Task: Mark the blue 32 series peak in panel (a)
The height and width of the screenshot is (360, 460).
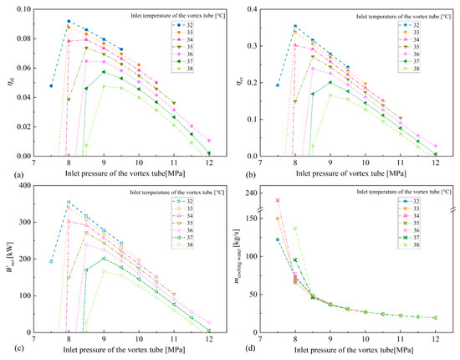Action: tap(69, 21)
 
